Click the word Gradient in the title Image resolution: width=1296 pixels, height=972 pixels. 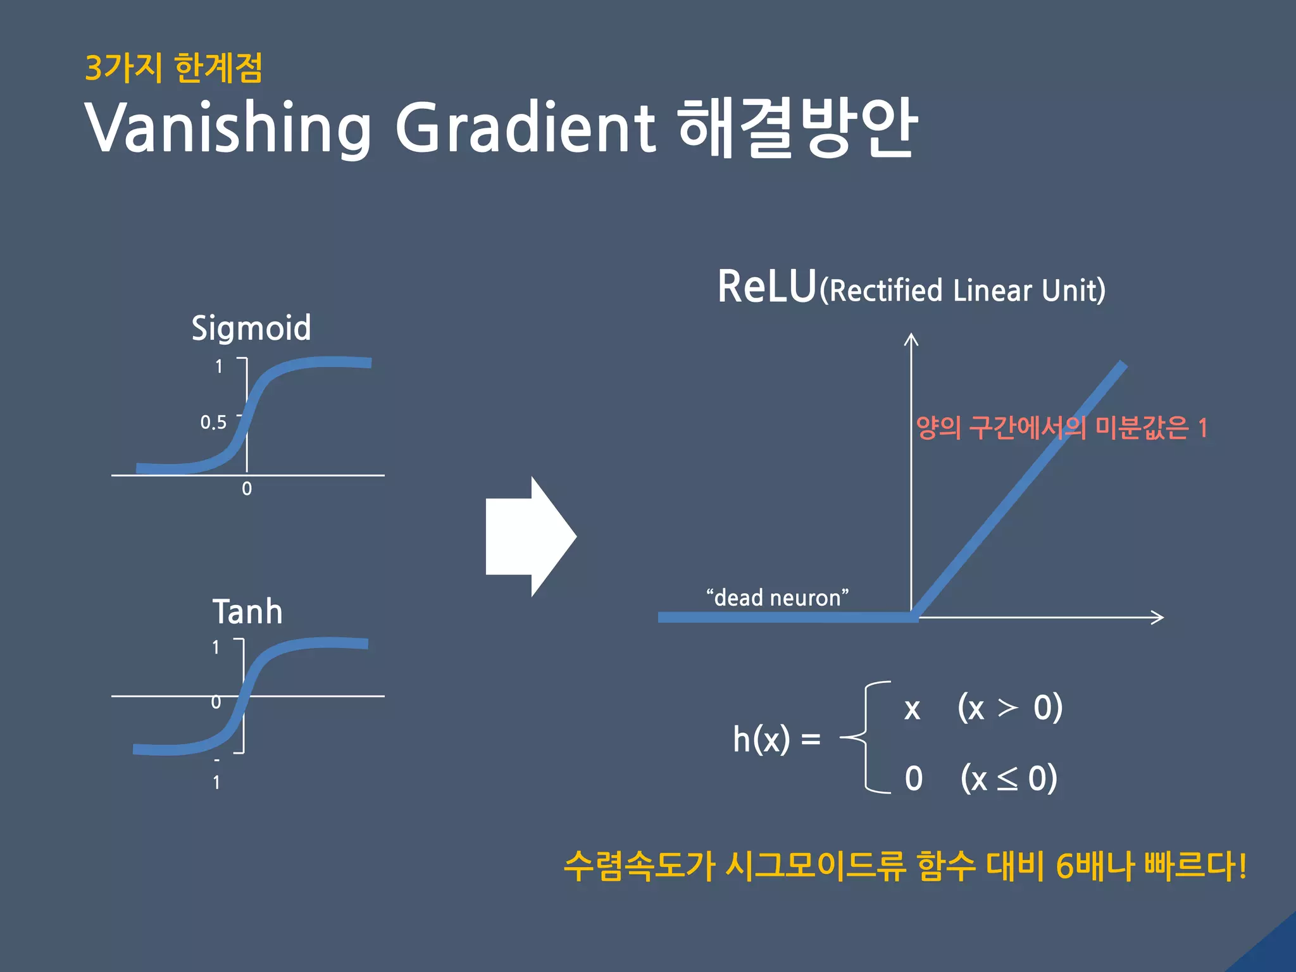525,127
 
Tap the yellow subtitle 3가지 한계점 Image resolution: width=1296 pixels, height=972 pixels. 173,68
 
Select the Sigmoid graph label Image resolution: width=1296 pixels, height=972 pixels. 251,328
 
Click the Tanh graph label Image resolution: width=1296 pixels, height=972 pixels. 247,612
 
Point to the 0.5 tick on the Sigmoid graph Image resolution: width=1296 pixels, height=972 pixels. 213,423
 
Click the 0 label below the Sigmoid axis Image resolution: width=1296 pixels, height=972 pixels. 247,489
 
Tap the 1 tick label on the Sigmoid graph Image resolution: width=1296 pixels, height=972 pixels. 219,366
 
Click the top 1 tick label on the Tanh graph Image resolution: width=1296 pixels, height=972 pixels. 216,647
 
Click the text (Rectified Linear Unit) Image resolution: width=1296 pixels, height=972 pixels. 962,290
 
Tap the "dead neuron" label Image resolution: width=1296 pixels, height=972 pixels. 777,597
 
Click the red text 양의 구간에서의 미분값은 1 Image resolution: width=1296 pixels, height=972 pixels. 1062,428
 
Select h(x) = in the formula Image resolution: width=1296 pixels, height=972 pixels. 776,738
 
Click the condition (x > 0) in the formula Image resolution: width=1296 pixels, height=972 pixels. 1009,707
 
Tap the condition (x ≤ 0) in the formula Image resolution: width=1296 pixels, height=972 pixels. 1009,778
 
